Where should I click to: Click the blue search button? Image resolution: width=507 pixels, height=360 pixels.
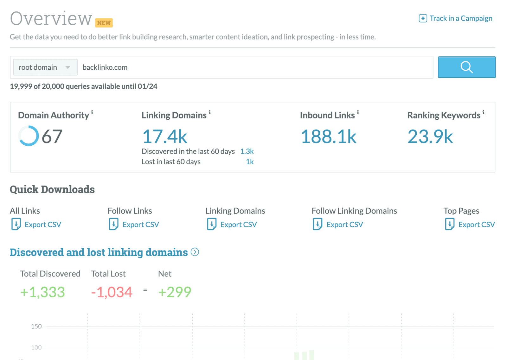466,67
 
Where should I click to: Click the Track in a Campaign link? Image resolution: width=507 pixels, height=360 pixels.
456,18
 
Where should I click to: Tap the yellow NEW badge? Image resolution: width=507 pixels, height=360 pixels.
104,23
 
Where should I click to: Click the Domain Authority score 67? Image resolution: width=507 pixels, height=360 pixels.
52,136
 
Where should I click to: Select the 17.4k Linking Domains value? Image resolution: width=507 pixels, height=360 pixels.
164,136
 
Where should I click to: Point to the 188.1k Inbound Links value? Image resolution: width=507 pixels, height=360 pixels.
328,136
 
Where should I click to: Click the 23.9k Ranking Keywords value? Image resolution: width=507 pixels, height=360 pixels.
430,136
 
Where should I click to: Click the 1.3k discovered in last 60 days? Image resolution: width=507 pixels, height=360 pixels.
247,151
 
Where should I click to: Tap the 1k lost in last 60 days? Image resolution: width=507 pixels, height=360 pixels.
250,162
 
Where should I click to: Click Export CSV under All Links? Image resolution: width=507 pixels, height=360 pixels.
42,224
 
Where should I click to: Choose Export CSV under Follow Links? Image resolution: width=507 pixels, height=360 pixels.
140,224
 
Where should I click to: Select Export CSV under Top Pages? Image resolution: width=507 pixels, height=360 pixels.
476,224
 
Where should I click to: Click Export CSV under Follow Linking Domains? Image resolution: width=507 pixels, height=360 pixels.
344,224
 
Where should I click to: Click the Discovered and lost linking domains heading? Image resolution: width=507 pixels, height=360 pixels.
99,252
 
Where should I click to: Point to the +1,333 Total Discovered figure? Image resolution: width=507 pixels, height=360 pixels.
42,292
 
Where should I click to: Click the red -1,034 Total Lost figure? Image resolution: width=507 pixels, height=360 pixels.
112,292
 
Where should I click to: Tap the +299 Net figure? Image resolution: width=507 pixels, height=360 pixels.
175,292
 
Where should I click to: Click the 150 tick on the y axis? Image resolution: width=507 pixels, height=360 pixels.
36,326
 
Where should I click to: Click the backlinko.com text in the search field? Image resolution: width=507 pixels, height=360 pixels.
105,67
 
